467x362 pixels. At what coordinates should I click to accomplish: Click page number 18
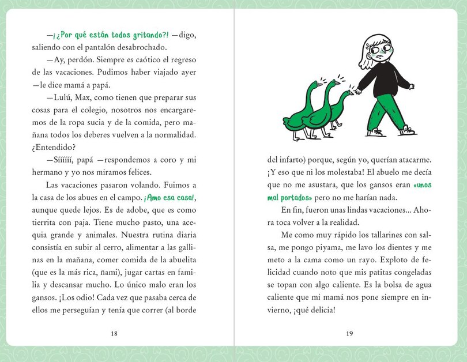114,333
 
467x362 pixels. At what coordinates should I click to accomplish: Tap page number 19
350,333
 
